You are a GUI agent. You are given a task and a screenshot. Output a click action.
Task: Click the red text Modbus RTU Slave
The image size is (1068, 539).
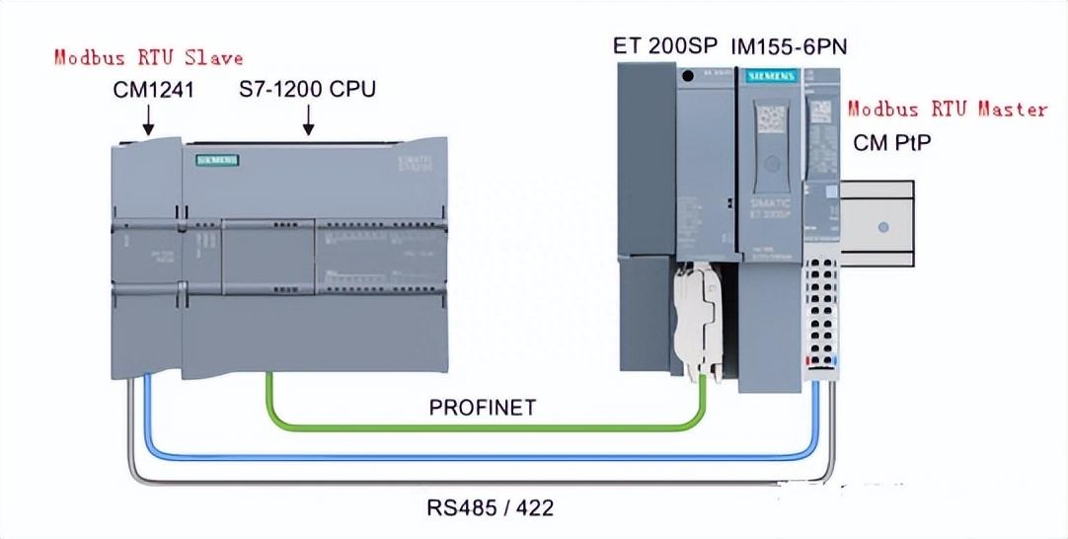[147, 57]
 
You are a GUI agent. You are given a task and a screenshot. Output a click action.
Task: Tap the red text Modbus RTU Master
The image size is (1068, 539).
[948, 109]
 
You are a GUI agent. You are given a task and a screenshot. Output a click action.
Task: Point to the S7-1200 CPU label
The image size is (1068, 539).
[307, 90]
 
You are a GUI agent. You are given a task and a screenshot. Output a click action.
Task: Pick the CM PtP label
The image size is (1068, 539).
[892, 142]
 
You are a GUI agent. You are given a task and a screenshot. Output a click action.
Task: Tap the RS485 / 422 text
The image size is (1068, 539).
[490, 508]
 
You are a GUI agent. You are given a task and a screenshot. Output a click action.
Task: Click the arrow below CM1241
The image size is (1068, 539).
[148, 120]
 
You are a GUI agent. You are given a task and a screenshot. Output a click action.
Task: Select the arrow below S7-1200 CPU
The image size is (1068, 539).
[308, 120]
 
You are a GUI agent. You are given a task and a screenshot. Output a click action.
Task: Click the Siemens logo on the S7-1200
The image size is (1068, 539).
[217, 158]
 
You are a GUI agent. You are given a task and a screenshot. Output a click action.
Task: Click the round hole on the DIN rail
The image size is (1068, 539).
[883, 226]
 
